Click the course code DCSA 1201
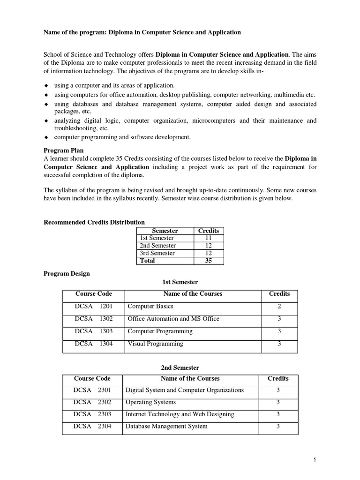click(93, 306)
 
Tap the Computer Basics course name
click(150, 306)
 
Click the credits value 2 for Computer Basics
click(279, 306)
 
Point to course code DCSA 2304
click(92, 427)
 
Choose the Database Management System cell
click(166, 427)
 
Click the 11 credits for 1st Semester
click(209, 238)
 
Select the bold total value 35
click(209, 261)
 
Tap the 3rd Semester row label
click(157, 253)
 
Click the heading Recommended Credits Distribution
click(94, 222)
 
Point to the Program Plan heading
click(64, 151)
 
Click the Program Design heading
click(67, 274)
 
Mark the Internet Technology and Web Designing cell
click(180, 414)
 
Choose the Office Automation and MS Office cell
click(173, 319)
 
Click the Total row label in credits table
click(148, 261)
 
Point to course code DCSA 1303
click(93, 331)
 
